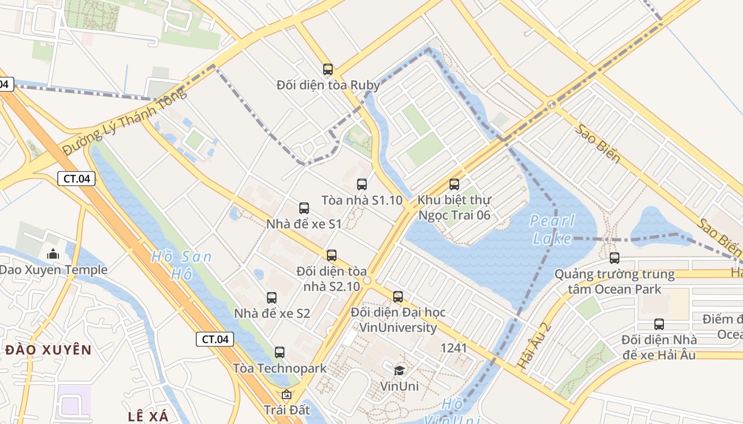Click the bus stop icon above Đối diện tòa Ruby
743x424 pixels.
(x=328, y=69)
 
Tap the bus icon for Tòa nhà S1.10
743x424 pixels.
(x=362, y=184)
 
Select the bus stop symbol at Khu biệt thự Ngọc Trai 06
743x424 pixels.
(x=454, y=184)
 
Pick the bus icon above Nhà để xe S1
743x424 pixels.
(x=304, y=208)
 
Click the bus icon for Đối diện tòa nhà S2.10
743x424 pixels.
(x=332, y=255)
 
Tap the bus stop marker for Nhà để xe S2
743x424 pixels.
(x=272, y=298)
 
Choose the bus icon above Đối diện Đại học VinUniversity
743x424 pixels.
(x=398, y=297)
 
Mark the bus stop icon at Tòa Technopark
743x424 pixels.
(x=280, y=352)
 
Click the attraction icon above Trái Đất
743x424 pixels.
(x=287, y=394)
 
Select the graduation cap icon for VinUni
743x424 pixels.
(x=399, y=370)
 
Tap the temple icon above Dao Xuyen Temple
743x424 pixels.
(x=53, y=254)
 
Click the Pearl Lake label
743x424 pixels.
(x=552, y=229)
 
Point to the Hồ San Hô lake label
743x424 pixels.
(x=182, y=265)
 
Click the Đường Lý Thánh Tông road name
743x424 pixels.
(x=125, y=122)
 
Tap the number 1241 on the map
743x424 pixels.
(x=454, y=348)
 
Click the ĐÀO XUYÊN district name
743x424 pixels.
(x=49, y=350)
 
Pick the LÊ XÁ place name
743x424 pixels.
(x=148, y=416)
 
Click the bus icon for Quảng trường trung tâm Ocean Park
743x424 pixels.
(x=615, y=258)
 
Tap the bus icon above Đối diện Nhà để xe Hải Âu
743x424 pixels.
(x=659, y=324)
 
